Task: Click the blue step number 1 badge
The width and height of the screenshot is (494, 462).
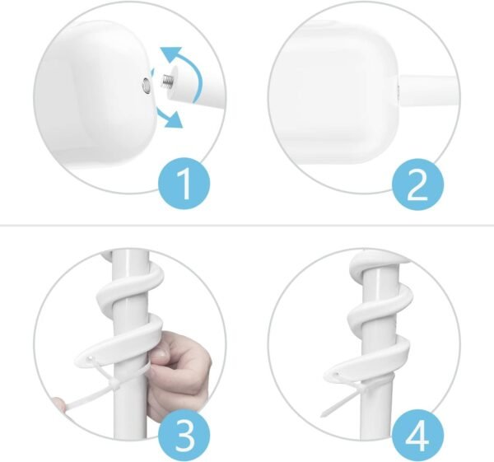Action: pos(184,184)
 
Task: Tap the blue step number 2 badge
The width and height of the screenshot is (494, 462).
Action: pos(417,184)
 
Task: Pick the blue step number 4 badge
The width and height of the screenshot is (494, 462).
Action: pos(417,435)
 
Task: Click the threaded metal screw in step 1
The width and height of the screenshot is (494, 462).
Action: pos(167,81)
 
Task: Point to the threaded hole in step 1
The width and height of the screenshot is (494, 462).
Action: pos(147,85)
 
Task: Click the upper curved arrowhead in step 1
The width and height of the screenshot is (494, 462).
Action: pos(171,54)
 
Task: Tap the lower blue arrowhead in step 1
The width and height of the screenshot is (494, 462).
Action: pos(174,119)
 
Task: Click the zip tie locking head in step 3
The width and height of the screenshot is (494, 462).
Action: pos(114,385)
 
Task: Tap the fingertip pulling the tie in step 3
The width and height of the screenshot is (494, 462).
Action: pos(59,404)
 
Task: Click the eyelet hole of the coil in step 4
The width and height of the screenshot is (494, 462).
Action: pos(337,375)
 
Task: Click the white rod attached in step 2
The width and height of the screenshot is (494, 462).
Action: pos(427,91)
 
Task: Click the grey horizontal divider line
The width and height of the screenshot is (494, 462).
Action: pos(247,226)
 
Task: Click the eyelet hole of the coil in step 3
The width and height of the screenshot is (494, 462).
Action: pos(91,358)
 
